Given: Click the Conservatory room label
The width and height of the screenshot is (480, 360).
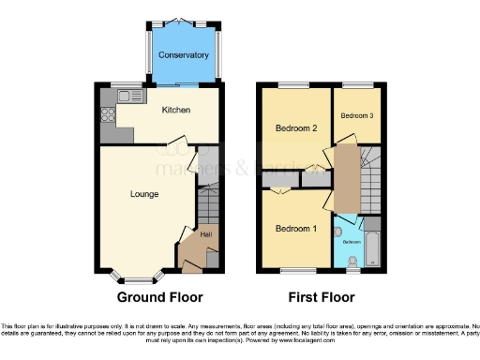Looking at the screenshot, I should click(184, 55).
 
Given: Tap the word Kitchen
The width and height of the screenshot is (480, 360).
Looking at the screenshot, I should click(176, 110).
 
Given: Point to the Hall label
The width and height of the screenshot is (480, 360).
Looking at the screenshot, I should click(206, 234).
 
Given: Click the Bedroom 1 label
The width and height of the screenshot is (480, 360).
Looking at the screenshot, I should click(294, 229).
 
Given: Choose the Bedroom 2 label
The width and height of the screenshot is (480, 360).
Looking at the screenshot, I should click(294, 127).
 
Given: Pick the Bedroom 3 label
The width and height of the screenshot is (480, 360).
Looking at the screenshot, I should click(357, 115).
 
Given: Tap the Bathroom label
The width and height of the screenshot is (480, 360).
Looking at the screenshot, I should click(351, 241).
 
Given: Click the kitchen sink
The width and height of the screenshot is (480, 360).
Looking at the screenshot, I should click(127, 96).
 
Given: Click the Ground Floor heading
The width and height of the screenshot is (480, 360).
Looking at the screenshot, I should click(159, 298).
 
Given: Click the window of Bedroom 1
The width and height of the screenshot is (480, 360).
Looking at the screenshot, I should click(295, 271).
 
